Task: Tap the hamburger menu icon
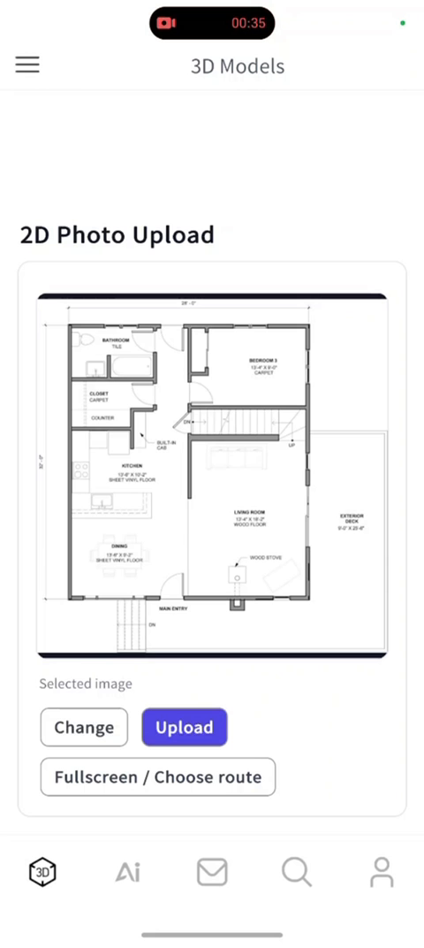pyautogui.click(x=27, y=65)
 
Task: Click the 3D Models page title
pyautogui.click(x=238, y=66)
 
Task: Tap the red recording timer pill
pyautogui.click(x=212, y=23)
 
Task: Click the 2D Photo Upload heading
pyautogui.click(x=117, y=235)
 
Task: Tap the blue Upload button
pyautogui.click(x=184, y=728)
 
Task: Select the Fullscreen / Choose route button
pyautogui.click(x=157, y=777)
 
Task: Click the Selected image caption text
pyautogui.click(x=86, y=684)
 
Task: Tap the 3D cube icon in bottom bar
pyautogui.click(x=42, y=872)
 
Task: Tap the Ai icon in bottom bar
pyautogui.click(x=128, y=873)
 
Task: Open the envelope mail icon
pyautogui.click(x=212, y=872)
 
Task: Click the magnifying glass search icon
pyautogui.click(x=297, y=872)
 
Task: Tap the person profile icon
pyautogui.click(x=382, y=872)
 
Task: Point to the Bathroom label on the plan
pyautogui.click(x=116, y=340)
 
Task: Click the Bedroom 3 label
pyautogui.click(x=262, y=361)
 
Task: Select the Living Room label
pyautogui.click(x=250, y=512)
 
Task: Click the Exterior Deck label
pyautogui.click(x=352, y=516)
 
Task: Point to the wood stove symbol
pyautogui.click(x=236, y=576)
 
